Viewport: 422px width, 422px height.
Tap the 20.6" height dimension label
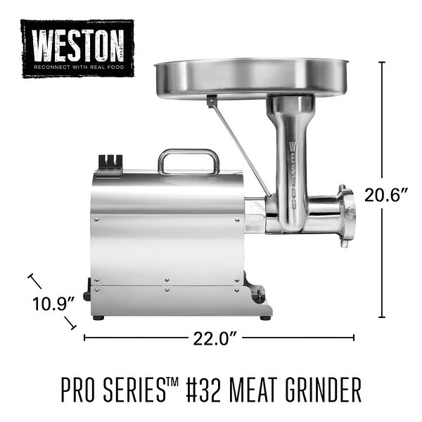tap(386, 196)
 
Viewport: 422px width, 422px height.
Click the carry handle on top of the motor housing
tap(188, 160)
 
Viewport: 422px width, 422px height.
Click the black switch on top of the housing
tap(110, 162)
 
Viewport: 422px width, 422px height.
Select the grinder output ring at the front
tap(344, 215)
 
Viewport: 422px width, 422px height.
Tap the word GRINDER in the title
tap(326, 390)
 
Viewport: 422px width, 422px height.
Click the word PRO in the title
tap(76, 390)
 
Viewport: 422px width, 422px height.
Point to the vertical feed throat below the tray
tap(290, 162)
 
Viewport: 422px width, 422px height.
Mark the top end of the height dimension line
tap(382, 63)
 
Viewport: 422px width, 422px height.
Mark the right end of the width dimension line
tap(354, 338)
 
